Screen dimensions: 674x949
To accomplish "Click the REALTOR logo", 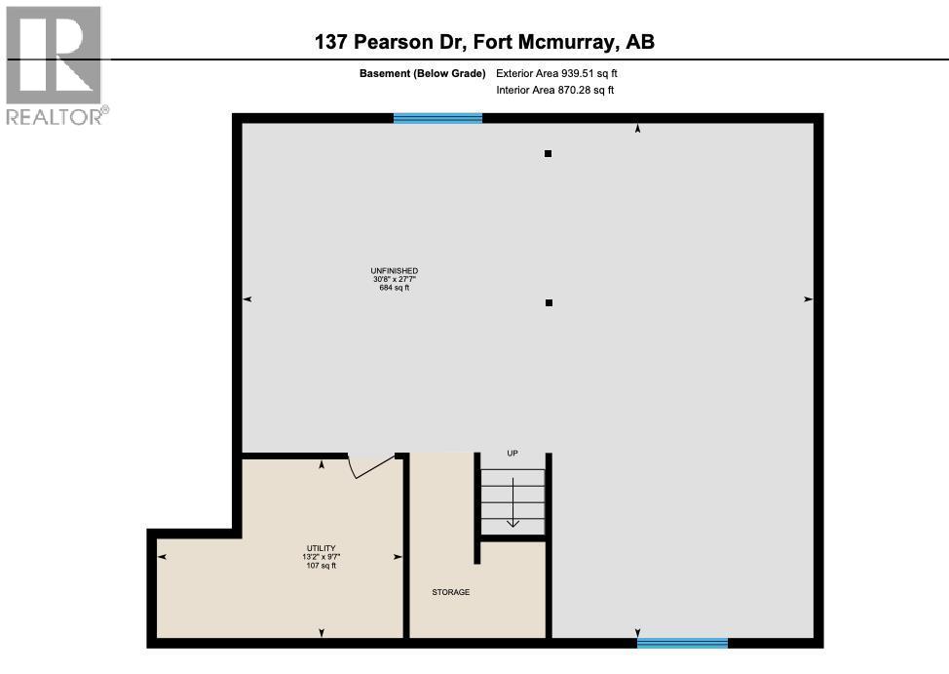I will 55,65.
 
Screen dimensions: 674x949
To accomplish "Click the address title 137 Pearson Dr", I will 484,41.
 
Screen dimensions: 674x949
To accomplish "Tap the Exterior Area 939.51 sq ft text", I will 556,73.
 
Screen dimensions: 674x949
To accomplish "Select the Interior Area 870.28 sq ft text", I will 554,91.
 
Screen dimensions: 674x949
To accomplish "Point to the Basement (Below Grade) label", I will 422,73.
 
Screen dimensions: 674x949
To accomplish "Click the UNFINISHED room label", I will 394,271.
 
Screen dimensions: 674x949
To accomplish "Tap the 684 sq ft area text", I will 394,288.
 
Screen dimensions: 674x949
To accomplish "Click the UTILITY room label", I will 320,548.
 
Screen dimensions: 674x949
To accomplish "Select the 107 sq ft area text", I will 320,565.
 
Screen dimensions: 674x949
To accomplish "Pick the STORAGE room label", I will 451,592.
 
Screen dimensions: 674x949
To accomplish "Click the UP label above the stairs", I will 512,454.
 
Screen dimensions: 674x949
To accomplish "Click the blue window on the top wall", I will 437,118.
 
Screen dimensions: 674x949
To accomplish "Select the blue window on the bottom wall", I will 682,643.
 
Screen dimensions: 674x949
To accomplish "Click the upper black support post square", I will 549,153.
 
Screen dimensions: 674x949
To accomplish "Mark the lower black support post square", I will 549,302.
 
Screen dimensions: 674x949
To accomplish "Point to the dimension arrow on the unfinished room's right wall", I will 808,299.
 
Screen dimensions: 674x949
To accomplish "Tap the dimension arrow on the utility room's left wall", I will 162,556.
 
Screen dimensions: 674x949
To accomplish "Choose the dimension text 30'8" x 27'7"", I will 394,279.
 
